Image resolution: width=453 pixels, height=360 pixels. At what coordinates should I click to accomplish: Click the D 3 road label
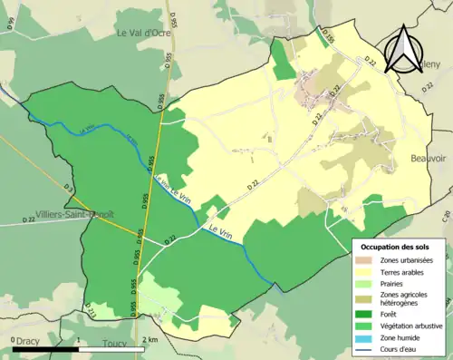(68, 189)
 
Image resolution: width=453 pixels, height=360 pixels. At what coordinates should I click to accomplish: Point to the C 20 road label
(446, 215)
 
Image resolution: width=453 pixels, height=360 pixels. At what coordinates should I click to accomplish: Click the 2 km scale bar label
(152, 338)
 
